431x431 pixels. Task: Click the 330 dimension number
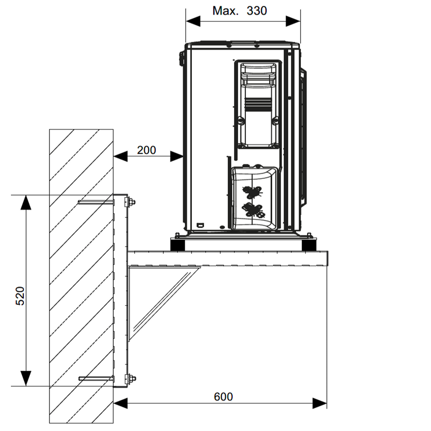point(257,11)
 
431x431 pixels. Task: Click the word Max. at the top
point(226,11)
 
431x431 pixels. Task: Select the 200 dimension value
point(146,150)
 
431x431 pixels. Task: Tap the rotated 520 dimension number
point(20,296)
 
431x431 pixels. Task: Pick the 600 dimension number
point(223,396)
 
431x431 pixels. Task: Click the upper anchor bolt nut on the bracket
point(132,202)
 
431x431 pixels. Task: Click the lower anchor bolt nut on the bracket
point(133,378)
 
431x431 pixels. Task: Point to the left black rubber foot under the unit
point(177,245)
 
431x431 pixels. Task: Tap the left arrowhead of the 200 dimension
point(120,157)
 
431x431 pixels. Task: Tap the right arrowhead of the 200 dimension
point(176,157)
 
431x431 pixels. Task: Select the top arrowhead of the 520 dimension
point(26,202)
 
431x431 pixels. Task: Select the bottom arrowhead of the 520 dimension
point(26,378)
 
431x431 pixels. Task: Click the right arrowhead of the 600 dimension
point(320,404)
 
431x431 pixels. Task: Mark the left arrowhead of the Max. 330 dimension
point(193,21)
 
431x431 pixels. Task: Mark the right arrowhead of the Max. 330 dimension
point(293,21)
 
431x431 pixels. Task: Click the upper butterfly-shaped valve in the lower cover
point(252,192)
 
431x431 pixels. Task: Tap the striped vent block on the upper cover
point(258,105)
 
